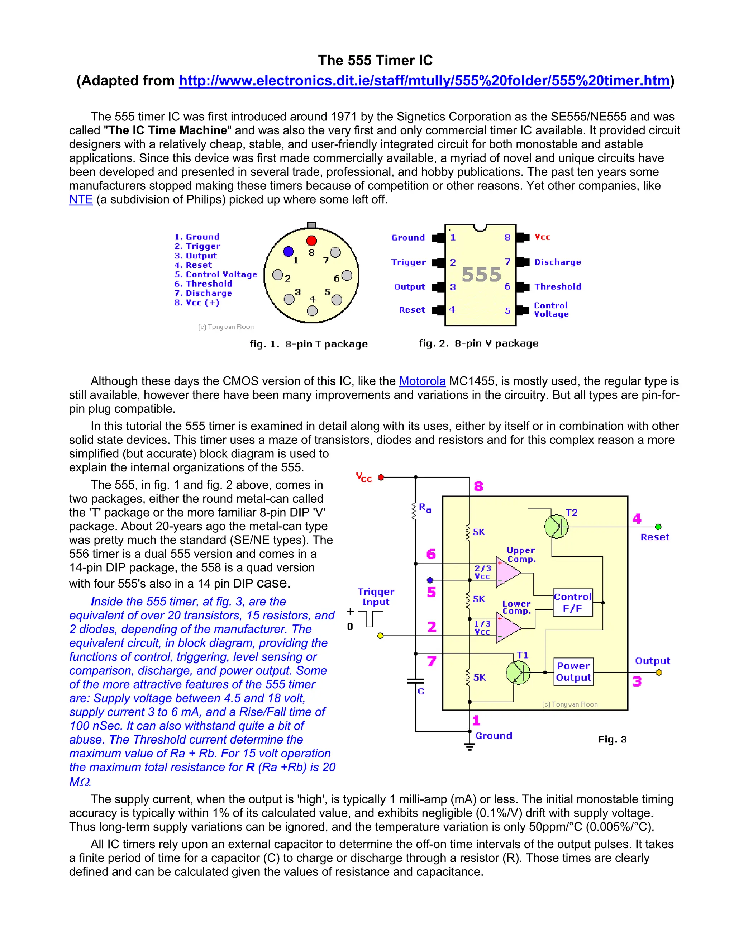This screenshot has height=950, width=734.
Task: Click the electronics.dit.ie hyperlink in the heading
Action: [x=424, y=81]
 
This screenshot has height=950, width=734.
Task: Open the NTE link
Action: [x=81, y=200]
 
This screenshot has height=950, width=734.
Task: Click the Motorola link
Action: [x=422, y=381]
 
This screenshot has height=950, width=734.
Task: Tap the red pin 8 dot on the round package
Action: [x=311, y=241]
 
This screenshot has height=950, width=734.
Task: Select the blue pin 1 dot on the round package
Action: [x=288, y=251]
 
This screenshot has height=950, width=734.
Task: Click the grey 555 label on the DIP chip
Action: [x=481, y=275]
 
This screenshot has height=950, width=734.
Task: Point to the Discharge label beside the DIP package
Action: [x=557, y=262]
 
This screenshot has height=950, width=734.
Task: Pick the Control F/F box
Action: [x=573, y=603]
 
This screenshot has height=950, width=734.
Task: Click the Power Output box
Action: [x=573, y=672]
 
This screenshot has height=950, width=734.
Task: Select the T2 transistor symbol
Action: [x=556, y=527]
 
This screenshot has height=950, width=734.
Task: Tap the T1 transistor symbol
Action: [x=518, y=673]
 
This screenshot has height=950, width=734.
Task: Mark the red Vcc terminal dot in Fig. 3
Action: [x=381, y=477]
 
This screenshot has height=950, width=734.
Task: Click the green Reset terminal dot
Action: [x=658, y=527]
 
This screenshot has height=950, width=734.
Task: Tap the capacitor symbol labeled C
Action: [x=416, y=681]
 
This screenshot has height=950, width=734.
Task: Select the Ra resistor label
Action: [x=425, y=508]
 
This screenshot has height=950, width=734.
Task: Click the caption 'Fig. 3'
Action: [x=612, y=740]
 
